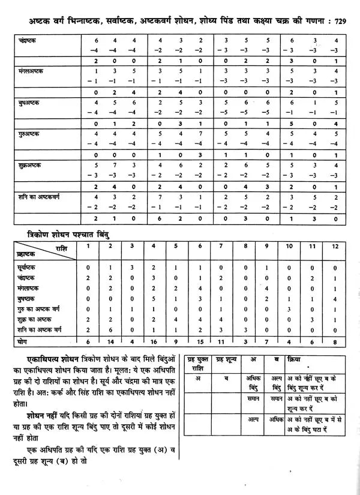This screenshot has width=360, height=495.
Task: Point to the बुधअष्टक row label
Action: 28,103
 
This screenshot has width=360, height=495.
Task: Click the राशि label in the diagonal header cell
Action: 59,246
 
